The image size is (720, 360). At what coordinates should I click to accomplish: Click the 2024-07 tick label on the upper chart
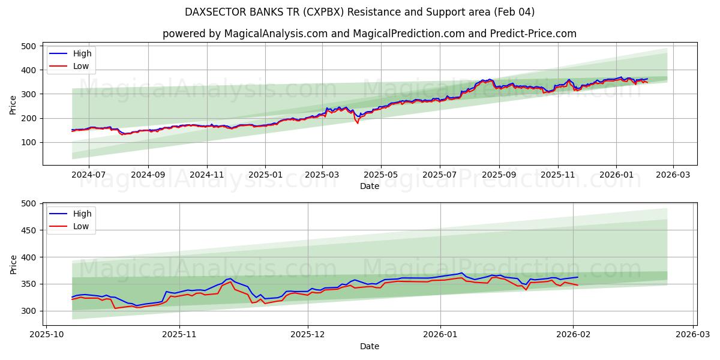(89, 175)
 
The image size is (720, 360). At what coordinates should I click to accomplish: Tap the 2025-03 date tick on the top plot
(322, 175)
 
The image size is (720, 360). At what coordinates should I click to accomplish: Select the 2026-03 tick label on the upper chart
(673, 175)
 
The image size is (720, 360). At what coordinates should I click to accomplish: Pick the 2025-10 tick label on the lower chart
(47, 334)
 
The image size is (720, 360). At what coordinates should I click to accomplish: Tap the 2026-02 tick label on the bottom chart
(573, 334)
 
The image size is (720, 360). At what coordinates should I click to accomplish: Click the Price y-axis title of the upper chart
(13, 105)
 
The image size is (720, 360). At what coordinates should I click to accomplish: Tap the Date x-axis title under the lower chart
(370, 346)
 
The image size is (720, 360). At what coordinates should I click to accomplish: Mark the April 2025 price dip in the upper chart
(358, 121)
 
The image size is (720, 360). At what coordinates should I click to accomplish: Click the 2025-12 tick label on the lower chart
(308, 334)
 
